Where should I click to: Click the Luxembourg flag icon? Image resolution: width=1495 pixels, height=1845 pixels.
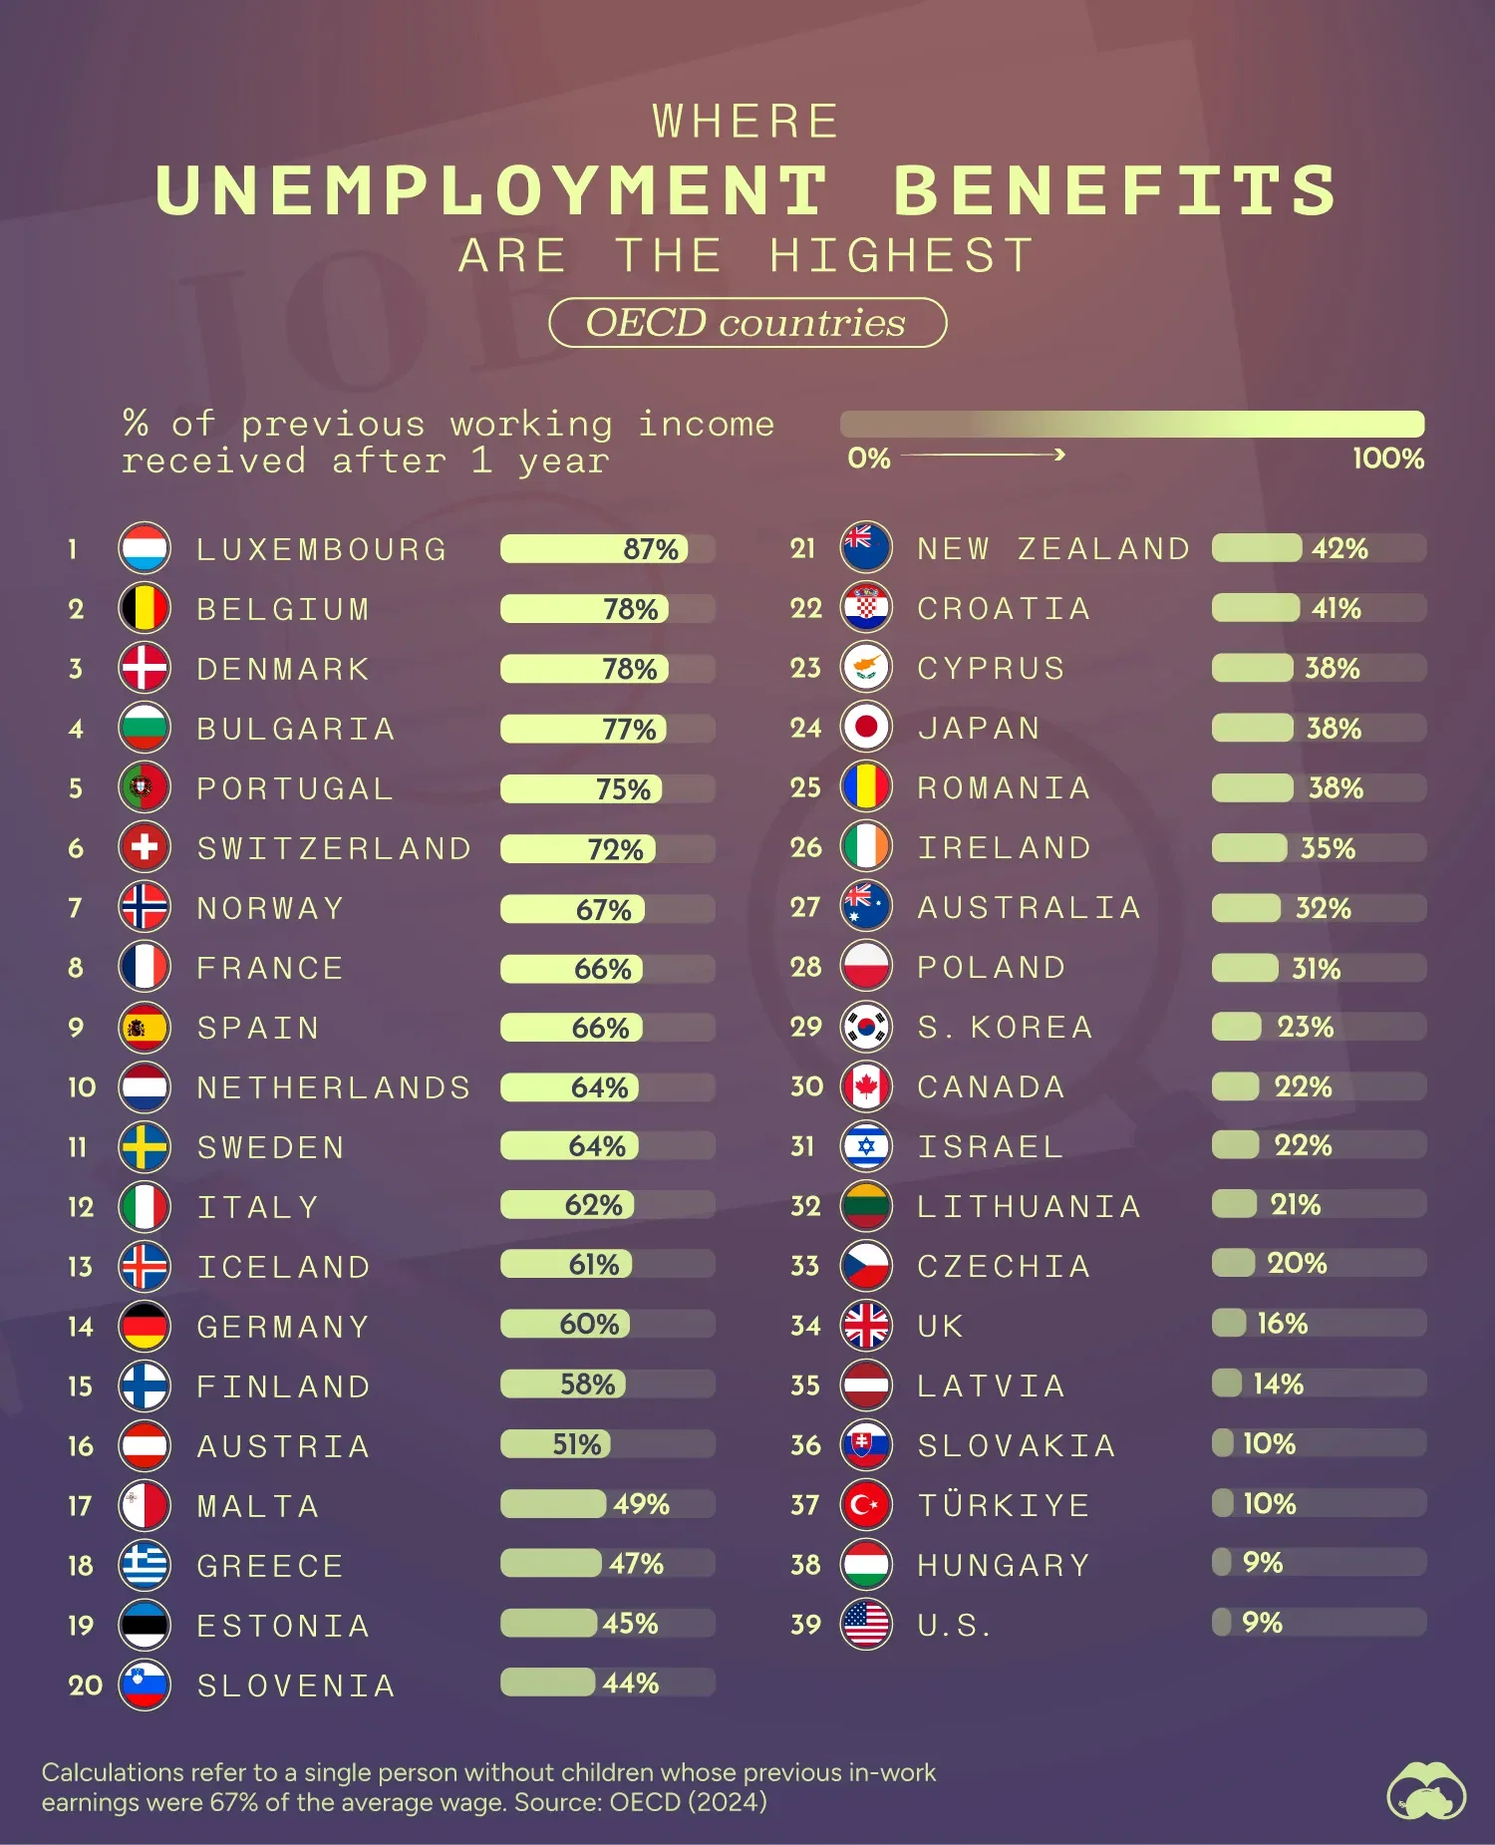[x=145, y=548]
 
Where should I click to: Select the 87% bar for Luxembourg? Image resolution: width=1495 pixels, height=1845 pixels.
[x=594, y=548]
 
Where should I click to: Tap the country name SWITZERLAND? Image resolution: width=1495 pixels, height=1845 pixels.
[x=334, y=848]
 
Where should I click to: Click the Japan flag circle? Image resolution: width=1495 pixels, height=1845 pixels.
[x=865, y=728]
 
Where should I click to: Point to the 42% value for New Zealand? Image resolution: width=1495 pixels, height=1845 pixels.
[x=1340, y=548]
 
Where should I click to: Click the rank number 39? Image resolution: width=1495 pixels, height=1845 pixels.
[x=805, y=1625]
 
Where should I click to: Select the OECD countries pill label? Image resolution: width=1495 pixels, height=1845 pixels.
[x=747, y=323]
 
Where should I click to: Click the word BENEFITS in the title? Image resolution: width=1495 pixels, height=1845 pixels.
[x=1114, y=190]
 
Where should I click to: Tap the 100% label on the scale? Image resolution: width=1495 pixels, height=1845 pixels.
[x=1387, y=459]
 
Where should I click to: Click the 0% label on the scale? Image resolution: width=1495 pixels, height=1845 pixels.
[x=868, y=459]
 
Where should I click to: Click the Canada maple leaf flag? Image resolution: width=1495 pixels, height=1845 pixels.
[x=865, y=1086]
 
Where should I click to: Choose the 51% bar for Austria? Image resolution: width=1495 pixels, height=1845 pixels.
[x=555, y=1444]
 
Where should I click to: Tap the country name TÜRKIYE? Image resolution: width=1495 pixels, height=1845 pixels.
[x=1004, y=1505]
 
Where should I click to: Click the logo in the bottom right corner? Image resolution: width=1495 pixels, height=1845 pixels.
[x=1426, y=1790]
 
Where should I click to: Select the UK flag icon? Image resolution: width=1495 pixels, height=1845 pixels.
[x=865, y=1326]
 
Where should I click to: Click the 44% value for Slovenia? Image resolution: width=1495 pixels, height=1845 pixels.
[x=631, y=1684]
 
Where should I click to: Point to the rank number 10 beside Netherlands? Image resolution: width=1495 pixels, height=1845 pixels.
[x=82, y=1087]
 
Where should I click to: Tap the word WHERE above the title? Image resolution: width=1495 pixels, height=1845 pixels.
[x=747, y=122]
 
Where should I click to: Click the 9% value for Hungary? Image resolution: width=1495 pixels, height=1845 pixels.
[x=1262, y=1563]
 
